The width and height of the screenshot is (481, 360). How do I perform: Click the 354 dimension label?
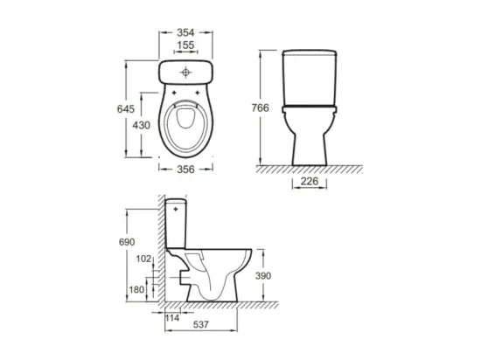(x=185, y=32)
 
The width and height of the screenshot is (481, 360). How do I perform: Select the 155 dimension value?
(x=185, y=45)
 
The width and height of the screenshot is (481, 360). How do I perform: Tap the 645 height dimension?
(x=126, y=108)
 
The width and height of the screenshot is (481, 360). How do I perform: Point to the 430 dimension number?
(x=141, y=125)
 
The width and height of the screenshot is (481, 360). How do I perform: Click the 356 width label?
(x=185, y=170)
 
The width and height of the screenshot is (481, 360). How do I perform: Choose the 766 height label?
(x=260, y=107)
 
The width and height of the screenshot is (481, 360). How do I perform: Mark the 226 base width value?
(x=310, y=181)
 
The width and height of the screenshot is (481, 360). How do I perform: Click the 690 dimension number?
(x=127, y=242)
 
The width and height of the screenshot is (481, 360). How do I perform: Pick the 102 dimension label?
(x=144, y=259)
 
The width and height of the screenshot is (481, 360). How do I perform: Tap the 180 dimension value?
(x=136, y=289)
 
